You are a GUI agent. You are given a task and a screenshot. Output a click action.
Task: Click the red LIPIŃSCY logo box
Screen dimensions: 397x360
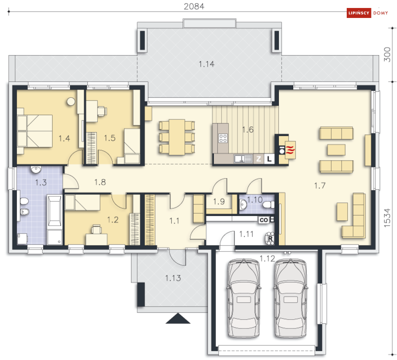(359, 13)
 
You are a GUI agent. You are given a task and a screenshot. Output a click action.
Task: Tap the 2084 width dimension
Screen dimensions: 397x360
(194, 6)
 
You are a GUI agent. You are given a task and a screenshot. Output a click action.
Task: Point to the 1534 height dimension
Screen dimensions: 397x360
(387, 218)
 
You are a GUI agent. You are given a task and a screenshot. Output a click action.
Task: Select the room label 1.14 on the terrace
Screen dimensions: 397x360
(206, 64)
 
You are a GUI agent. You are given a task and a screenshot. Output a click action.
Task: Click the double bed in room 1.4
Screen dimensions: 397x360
(35, 131)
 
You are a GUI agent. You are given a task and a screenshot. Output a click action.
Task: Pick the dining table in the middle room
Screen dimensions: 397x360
(177, 137)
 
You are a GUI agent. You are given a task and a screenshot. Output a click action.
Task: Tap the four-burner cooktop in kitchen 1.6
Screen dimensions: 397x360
(223, 138)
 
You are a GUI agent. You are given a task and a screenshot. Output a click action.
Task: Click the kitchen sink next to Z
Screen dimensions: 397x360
(243, 159)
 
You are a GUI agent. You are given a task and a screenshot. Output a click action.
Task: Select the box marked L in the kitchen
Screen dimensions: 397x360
(269, 159)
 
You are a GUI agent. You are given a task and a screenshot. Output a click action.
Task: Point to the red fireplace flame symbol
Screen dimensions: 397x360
(290, 150)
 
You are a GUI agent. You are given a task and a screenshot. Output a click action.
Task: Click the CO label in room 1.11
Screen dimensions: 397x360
(264, 220)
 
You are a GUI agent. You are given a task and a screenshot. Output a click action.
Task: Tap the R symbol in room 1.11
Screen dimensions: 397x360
(271, 238)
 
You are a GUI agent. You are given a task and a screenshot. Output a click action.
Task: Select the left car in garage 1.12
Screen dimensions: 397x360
(244, 298)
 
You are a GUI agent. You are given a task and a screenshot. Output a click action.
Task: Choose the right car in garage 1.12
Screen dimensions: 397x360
(290, 298)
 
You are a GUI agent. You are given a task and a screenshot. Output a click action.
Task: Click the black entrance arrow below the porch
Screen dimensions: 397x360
(178, 318)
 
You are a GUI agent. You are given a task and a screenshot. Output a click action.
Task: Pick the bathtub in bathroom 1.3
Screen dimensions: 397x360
(54, 211)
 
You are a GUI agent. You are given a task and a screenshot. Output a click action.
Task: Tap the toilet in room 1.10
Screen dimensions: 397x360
(269, 204)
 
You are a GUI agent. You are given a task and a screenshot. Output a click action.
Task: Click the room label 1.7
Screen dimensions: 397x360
(320, 186)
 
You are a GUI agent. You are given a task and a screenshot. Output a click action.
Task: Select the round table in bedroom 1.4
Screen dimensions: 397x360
(71, 102)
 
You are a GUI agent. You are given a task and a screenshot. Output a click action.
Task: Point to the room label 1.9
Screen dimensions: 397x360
(219, 202)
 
